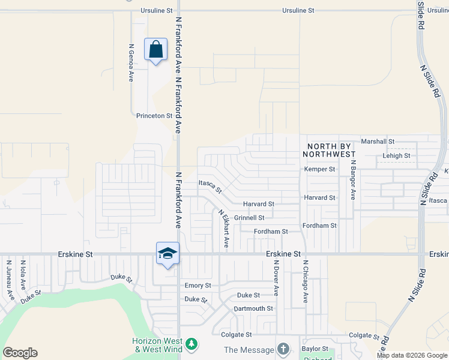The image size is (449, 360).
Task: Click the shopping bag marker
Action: point(155,49)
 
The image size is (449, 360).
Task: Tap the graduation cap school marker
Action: point(167,253)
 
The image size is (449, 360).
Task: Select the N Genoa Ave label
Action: point(131,62)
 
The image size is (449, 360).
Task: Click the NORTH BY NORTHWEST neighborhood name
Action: point(331,150)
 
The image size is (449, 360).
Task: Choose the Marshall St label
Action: point(377,142)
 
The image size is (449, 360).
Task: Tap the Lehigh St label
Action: point(396,156)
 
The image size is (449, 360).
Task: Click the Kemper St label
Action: point(319,169)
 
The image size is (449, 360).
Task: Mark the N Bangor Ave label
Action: point(354,179)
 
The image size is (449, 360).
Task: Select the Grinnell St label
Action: point(249,218)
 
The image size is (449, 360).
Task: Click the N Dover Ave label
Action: point(276,278)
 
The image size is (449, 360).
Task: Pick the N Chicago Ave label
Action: point(305,281)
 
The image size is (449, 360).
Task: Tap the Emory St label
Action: point(198,286)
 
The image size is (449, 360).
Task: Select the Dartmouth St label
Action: point(253,309)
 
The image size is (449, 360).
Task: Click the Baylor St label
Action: point(316,349)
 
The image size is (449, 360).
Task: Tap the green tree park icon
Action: point(191,344)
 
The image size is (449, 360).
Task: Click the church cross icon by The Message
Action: point(283,349)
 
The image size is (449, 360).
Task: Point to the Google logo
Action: point(20,353)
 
